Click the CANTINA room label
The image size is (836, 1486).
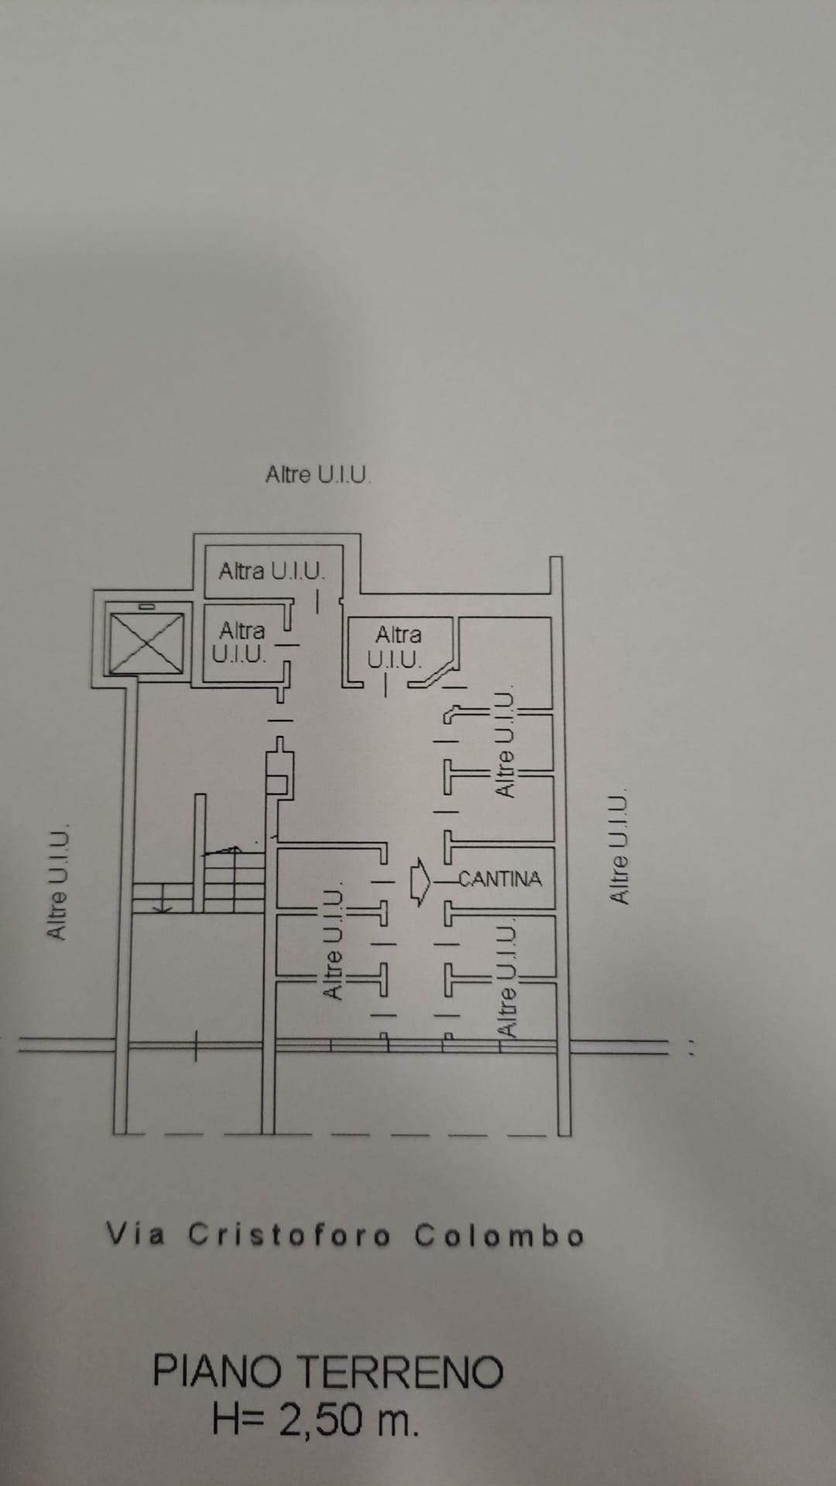tap(500, 879)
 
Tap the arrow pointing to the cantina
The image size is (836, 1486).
tap(420, 881)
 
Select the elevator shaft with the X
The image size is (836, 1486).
tap(147, 643)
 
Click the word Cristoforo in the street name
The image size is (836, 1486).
tap(290, 1235)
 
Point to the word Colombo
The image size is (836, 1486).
tap(499, 1235)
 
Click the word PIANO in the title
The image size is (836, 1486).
tap(216, 1371)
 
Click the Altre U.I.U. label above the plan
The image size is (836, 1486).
tap(318, 474)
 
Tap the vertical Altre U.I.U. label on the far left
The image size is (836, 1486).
tap(59, 883)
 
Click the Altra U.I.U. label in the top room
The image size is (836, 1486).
tap(272, 571)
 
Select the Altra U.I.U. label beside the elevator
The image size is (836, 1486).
tap(240, 642)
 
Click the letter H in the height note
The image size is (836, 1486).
tap(228, 1421)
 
